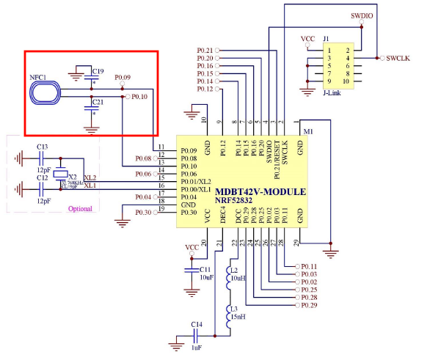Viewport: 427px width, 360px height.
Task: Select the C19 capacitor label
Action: (x=98, y=71)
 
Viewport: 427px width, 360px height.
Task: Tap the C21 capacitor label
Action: (x=98, y=102)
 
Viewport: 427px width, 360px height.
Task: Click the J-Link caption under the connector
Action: (x=335, y=93)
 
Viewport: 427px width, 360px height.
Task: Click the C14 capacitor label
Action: (x=196, y=324)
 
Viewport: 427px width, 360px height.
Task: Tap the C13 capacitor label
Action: (x=43, y=147)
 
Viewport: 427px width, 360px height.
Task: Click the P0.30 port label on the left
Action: (x=144, y=213)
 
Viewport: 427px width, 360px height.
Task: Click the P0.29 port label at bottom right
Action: (x=309, y=305)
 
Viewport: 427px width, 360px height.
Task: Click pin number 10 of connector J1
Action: (x=348, y=81)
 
